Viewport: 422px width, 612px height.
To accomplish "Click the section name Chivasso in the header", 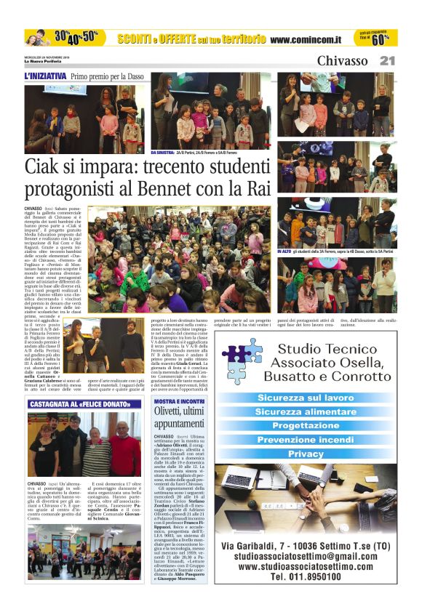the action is coord(342,61).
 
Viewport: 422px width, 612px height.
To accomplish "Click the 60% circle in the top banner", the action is coord(380,39).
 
